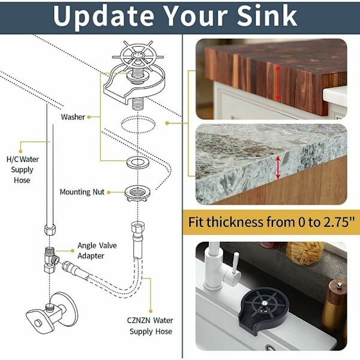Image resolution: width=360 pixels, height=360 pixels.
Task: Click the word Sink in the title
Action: point(267,16)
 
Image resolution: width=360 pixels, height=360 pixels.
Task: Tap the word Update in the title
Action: point(104,17)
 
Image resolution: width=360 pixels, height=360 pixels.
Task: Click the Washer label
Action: point(73,117)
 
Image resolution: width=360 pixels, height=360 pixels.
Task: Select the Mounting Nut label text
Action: point(82,192)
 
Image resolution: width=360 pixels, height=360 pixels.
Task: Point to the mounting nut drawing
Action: point(137,193)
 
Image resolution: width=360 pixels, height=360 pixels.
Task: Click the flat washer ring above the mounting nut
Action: point(138,163)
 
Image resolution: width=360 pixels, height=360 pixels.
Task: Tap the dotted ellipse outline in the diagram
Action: point(138,124)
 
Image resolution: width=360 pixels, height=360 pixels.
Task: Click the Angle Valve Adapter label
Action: point(97,250)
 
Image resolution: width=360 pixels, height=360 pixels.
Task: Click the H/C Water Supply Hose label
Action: point(23,169)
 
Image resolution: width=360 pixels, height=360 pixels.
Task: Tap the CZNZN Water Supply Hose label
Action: point(150,326)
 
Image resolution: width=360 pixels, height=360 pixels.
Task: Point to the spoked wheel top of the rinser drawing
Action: point(137,55)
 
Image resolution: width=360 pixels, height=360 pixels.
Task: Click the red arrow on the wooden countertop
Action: point(278,83)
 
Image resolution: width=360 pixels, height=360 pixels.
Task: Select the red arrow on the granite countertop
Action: point(278,167)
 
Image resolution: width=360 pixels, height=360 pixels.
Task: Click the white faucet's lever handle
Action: point(235,263)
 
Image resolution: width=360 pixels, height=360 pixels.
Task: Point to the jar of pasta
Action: point(305,253)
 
